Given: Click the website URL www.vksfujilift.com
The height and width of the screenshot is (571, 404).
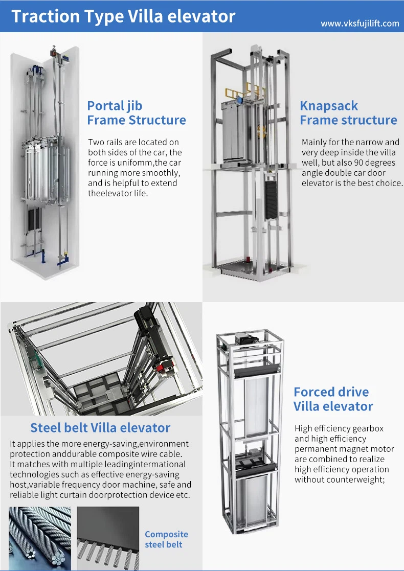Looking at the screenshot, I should [360, 24].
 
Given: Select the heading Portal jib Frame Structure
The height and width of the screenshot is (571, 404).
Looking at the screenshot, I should [136, 113].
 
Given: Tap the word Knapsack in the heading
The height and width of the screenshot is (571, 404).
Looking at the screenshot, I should [328, 106].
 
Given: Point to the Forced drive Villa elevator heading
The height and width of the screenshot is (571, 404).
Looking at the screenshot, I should [333, 399].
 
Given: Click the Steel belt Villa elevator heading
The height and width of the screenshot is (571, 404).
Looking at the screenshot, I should [100, 427].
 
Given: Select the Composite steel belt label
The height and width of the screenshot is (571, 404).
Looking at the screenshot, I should [166, 539].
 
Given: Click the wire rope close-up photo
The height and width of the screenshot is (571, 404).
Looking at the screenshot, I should [40, 538].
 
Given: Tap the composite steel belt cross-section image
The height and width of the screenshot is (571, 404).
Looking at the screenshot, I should [108, 538].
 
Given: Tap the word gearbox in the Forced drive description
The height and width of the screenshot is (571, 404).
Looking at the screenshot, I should [368, 428].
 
